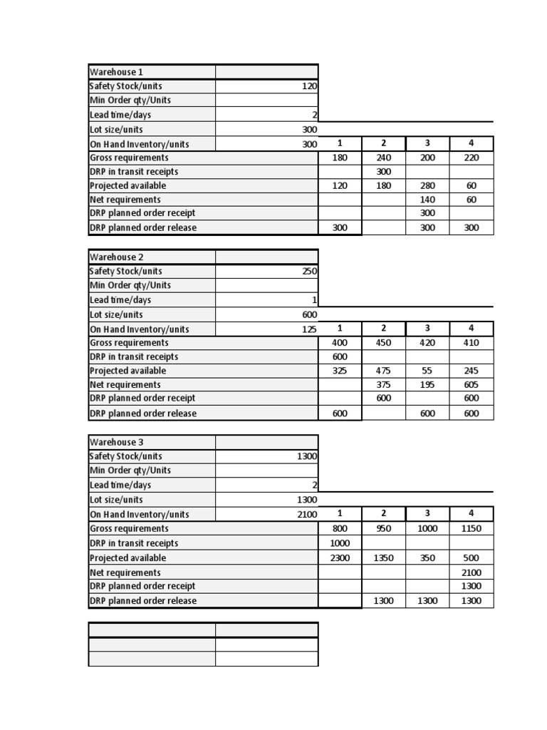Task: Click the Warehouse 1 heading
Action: [x=116, y=72]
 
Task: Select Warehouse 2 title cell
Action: [x=116, y=257]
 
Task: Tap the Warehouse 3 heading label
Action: [x=116, y=443]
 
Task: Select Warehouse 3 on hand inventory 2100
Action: [x=305, y=515]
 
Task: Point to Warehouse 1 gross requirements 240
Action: [x=384, y=158]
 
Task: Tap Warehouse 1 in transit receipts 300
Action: [x=384, y=172]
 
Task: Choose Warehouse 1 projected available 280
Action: [x=427, y=186]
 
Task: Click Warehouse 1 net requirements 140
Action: [x=427, y=200]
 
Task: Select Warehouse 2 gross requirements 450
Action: [x=384, y=343]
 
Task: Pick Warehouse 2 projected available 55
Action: [x=427, y=371]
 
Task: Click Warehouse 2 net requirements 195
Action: [x=427, y=385]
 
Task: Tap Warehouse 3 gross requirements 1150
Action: [x=471, y=529]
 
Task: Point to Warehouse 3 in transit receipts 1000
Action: [x=340, y=543]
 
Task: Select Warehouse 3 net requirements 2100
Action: [x=471, y=572]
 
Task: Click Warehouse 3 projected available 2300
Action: [x=340, y=558]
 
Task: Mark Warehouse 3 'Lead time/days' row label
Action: [x=120, y=485]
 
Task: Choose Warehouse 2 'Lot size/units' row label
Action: [x=116, y=315]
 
